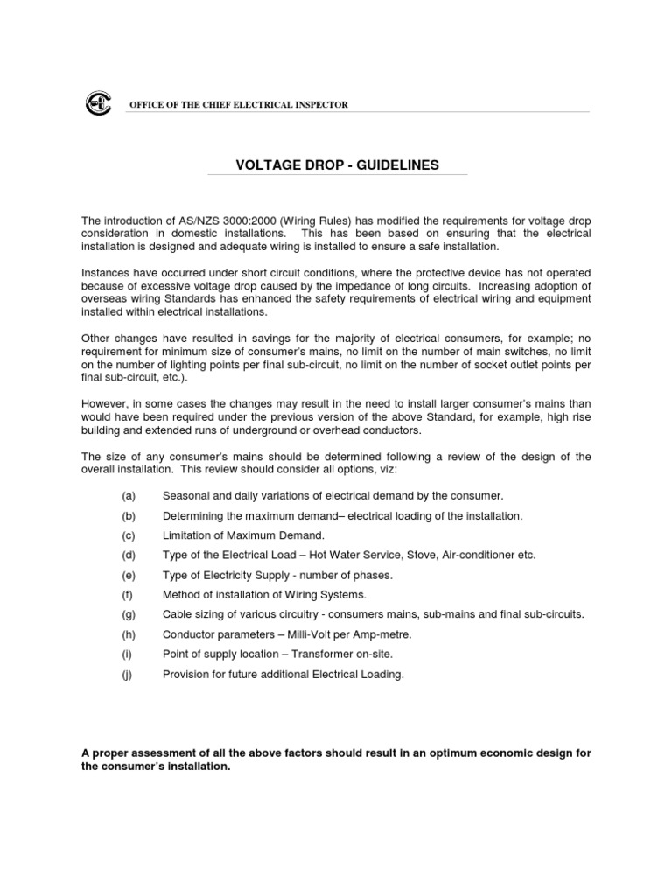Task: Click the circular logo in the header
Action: coord(97,104)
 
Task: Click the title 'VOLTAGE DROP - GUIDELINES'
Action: coord(337,165)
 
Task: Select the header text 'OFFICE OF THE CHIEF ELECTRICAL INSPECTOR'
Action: coord(239,105)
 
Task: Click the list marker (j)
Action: coord(128,675)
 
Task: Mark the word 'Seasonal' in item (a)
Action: coord(185,496)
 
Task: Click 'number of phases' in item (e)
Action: coord(349,576)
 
